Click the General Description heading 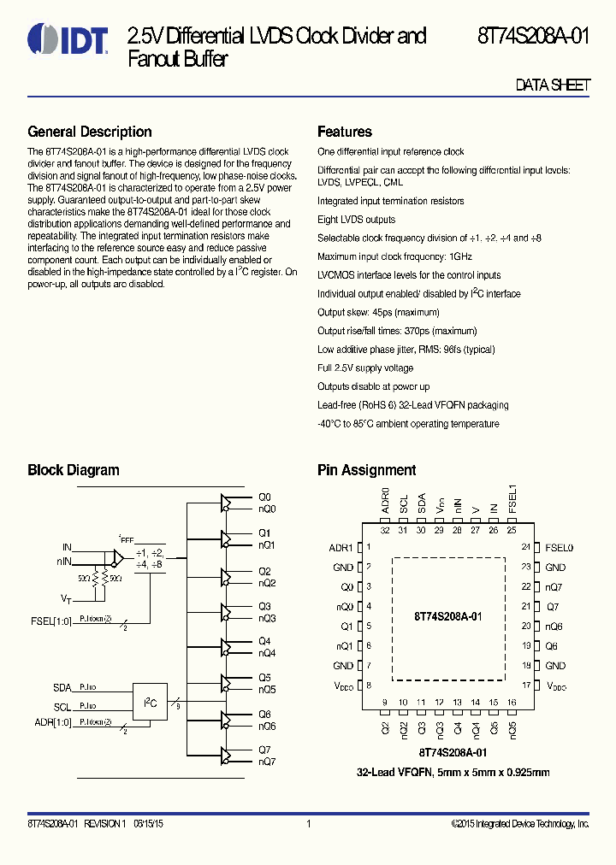pos(90,132)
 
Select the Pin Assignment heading pos(366,470)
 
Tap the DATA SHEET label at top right pos(553,85)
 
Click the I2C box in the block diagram pos(150,702)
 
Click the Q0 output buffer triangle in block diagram pos(227,503)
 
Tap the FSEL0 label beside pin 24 pos(559,548)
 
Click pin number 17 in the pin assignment pos(526,685)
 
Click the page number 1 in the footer pos(308,824)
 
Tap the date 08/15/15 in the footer pos(145,824)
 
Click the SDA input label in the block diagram pos(62,687)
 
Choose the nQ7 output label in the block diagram pos(267,762)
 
